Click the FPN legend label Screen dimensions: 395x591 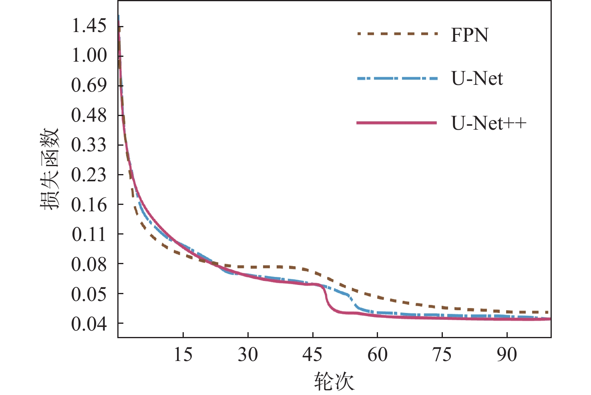[469, 35]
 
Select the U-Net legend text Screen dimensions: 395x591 [477, 78]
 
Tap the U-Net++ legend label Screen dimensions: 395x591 [488, 123]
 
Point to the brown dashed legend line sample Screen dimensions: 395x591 [397, 34]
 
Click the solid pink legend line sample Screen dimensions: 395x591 [396, 123]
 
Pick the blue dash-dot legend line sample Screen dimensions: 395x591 [397, 78]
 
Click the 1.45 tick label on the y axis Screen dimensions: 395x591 [89, 26]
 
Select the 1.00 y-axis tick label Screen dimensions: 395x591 [89, 55]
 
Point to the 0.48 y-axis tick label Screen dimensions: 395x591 [89, 115]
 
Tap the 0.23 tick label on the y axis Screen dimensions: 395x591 [89, 175]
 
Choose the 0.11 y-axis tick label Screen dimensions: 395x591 [89, 234]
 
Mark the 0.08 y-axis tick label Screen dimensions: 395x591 [89, 264]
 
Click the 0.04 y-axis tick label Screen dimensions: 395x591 [89, 324]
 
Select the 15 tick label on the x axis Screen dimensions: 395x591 [183, 355]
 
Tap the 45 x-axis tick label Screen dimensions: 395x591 [312, 355]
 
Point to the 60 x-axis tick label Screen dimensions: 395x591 [377, 355]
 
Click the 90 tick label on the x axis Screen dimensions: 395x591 [507, 355]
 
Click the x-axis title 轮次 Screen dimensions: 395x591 [334, 381]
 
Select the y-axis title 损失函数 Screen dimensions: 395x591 [50, 169]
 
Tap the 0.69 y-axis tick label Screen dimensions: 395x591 [89, 85]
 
